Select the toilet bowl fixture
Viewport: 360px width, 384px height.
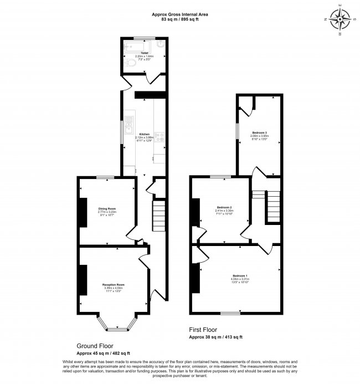pos(130,64)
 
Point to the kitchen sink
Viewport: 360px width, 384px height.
pos(128,125)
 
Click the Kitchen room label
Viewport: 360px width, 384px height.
pos(144,135)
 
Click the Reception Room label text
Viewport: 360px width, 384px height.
pos(114,285)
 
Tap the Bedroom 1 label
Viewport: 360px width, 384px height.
pos(240,276)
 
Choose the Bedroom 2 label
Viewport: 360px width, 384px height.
pos(223,207)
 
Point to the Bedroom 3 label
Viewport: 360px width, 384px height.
pos(260,133)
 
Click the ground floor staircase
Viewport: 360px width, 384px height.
pos(159,216)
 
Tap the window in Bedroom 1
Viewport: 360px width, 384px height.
pos(230,314)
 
